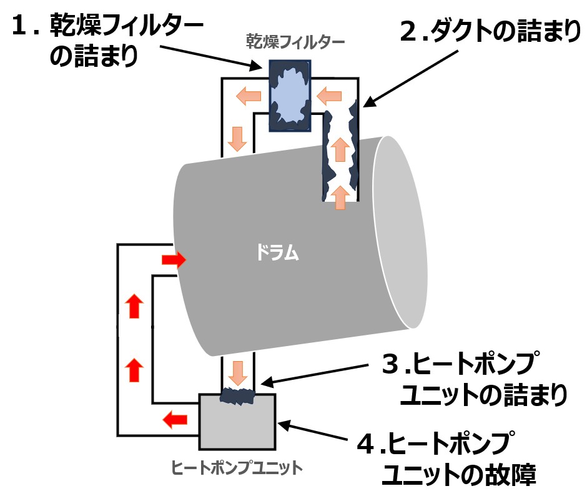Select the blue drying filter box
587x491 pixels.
(290, 95)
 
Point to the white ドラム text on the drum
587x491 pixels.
(278, 253)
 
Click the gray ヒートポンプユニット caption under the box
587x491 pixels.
(237, 467)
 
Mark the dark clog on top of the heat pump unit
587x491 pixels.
(239, 396)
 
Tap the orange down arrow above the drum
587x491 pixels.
(237, 138)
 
